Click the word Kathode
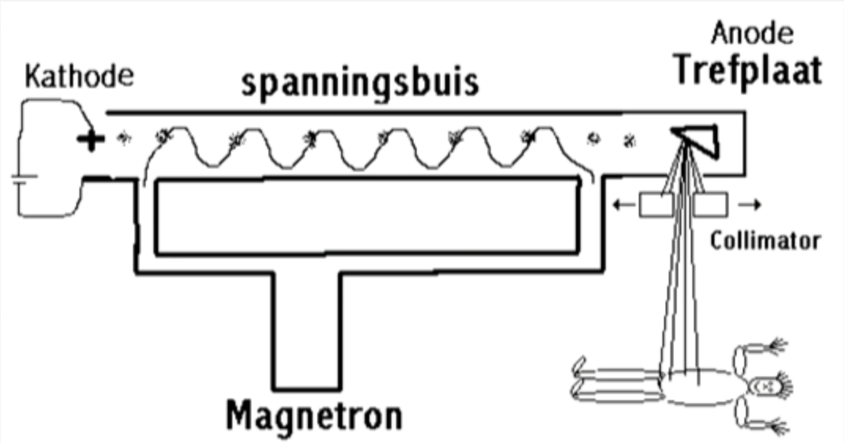[x=79, y=77]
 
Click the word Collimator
[x=766, y=241]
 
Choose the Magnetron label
[x=314, y=416]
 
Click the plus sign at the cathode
[x=92, y=140]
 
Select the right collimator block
[x=711, y=206]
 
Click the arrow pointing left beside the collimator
[x=623, y=205]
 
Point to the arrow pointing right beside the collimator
[x=750, y=205]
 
